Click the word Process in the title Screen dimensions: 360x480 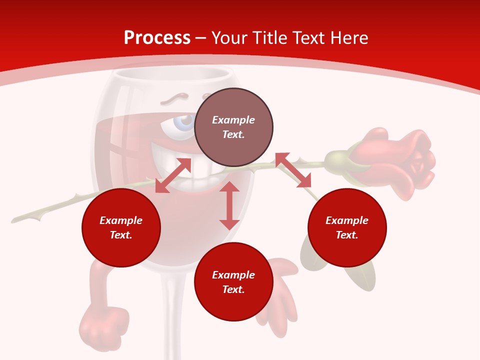(157, 38)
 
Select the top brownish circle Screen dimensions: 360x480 (233, 127)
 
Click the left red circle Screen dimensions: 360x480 (121, 228)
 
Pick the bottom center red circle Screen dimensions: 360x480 (233, 282)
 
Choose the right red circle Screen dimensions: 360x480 (347, 228)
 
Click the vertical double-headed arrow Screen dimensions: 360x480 (229, 205)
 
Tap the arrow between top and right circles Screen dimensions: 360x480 (293, 170)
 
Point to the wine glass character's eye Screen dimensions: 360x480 (184, 121)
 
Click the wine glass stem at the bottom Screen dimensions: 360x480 (172, 320)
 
